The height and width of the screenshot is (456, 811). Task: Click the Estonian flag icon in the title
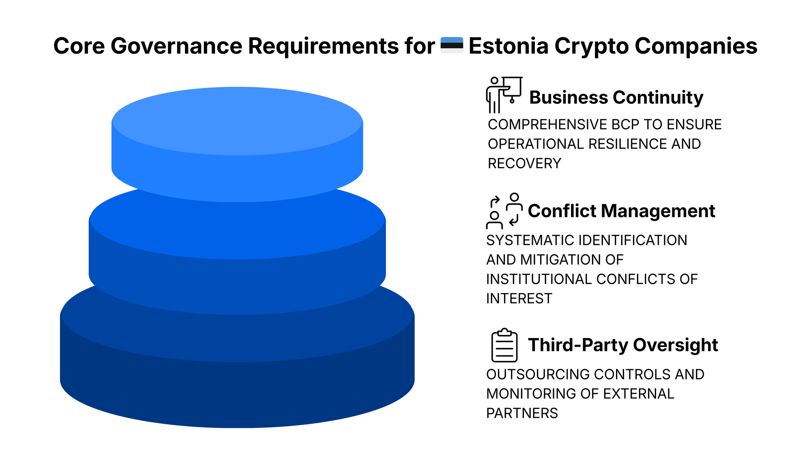(x=452, y=45)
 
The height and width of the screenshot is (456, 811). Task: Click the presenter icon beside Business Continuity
(x=504, y=95)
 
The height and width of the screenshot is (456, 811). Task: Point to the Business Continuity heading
(x=616, y=98)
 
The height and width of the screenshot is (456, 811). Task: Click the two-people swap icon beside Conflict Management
(x=504, y=211)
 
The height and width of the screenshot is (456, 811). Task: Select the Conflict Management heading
(x=622, y=211)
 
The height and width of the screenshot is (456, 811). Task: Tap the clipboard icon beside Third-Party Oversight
(x=504, y=345)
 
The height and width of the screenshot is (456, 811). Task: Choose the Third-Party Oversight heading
(x=623, y=345)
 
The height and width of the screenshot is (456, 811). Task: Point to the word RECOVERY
(x=524, y=163)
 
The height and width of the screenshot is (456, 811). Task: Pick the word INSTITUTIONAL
(x=539, y=279)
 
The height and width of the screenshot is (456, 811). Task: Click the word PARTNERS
(x=522, y=413)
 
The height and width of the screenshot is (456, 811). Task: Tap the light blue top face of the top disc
(x=237, y=121)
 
